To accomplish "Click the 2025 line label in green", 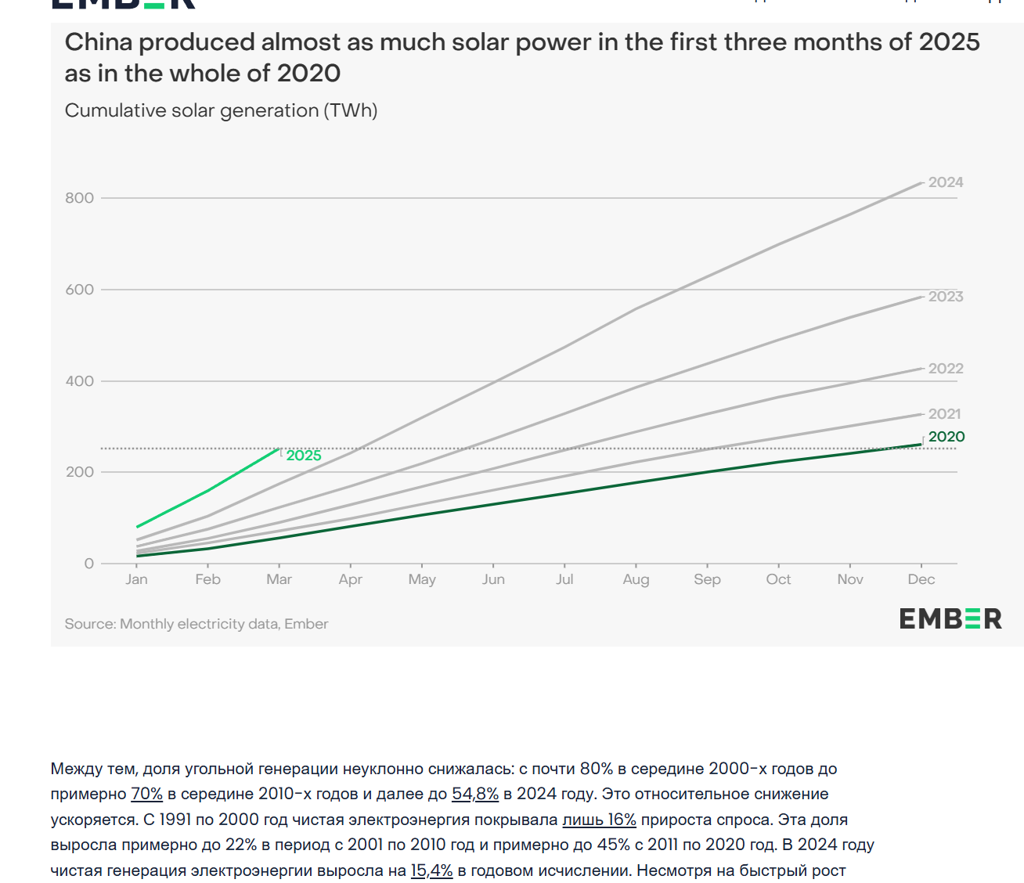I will pos(304,456).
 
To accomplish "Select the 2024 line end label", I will pos(946,182).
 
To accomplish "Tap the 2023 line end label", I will pos(946,297).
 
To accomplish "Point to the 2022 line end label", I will pos(946,369).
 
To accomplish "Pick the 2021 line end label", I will pos(944,414).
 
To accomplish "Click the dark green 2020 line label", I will pos(946,437).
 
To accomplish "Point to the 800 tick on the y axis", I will pos(79,198).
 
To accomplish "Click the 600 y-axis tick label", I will pos(79,290).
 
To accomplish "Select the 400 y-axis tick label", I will pos(79,381).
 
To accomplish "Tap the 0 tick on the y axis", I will pos(89,564).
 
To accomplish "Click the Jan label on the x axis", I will pos(136,579).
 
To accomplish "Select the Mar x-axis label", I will pos(279,579).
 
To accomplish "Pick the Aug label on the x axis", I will pos(636,579).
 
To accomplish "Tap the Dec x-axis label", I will pos(921,579).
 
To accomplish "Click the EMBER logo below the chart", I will pos(950,619).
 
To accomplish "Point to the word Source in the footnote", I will pos(89,624).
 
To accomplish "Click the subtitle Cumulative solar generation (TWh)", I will pos(221,110).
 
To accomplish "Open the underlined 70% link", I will pos(146,794).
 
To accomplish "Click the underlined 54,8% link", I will pos(475,794).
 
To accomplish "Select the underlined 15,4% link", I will pos(431,870).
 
